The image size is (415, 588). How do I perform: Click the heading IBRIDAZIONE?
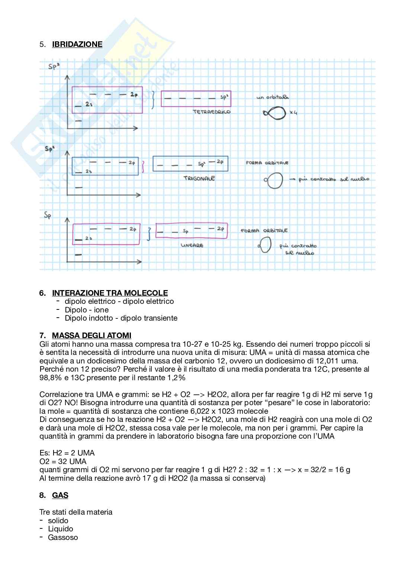[x=77, y=44]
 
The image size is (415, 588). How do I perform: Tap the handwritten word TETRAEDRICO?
[x=211, y=112]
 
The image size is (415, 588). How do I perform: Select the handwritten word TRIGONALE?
[x=199, y=178]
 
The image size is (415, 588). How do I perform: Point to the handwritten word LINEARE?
[x=192, y=245]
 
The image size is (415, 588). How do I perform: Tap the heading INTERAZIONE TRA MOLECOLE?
[x=110, y=293]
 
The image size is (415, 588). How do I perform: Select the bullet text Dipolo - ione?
[x=87, y=310]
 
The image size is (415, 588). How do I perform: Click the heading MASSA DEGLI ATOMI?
[x=91, y=336]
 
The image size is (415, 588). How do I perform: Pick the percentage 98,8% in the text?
[x=49, y=378]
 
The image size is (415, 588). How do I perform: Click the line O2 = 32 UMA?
[x=63, y=461]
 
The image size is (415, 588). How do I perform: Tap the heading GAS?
[x=60, y=495]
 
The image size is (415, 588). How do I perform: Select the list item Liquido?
[x=61, y=529]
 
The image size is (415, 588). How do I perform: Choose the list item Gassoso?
[x=63, y=537]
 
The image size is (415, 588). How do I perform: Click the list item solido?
[x=58, y=521]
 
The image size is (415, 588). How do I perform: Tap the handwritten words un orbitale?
[x=273, y=97]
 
